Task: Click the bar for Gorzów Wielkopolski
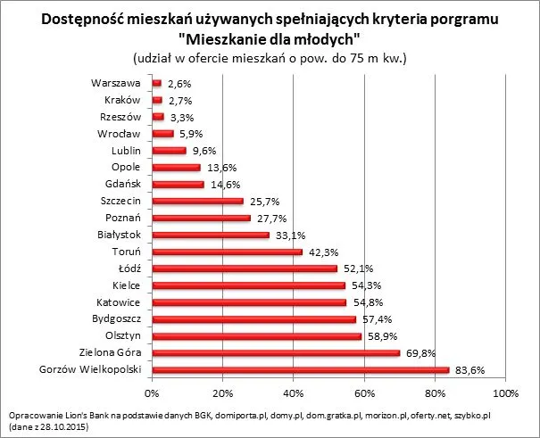point(300,370)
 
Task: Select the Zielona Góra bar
point(276,353)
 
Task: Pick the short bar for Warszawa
point(157,84)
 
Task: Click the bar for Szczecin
point(197,202)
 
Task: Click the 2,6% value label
point(180,84)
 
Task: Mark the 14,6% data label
point(222,185)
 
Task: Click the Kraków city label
point(124,101)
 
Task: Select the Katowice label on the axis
point(120,302)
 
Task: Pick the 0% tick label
point(153,393)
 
